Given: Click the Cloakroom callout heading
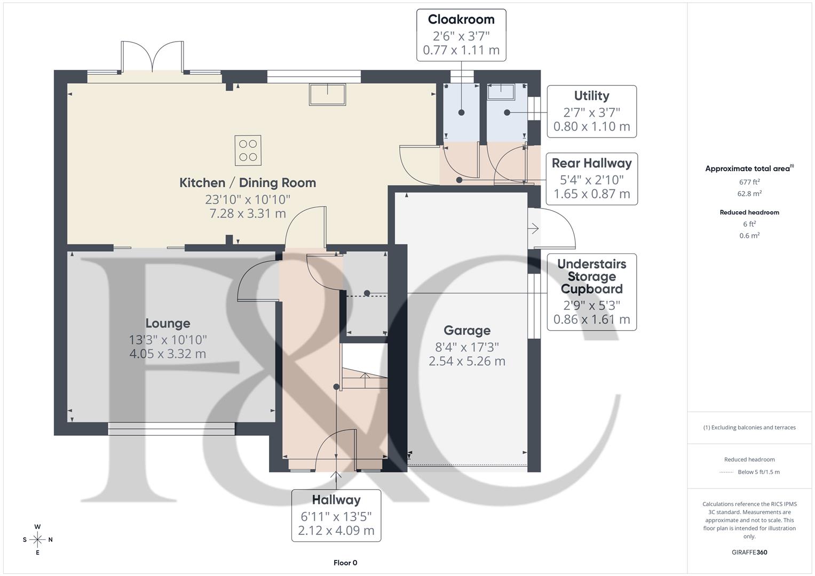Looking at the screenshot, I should pyautogui.click(x=461, y=20).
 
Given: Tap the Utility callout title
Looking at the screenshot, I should pyautogui.click(x=591, y=96).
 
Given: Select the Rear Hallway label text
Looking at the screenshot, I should pyautogui.click(x=591, y=163).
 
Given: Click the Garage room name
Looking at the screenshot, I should pyautogui.click(x=467, y=331).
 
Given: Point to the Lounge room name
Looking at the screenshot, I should pyautogui.click(x=168, y=324).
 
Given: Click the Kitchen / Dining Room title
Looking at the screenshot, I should pyautogui.click(x=248, y=183).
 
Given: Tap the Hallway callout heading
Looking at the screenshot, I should pyautogui.click(x=336, y=500).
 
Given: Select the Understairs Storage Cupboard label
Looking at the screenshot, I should pyautogui.click(x=591, y=276).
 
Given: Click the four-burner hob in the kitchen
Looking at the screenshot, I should pyautogui.click(x=248, y=150).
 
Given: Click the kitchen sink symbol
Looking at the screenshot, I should pyautogui.click(x=327, y=94).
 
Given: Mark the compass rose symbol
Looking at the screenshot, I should pyautogui.click(x=37, y=540).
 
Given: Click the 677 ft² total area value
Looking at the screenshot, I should pyautogui.click(x=749, y=182).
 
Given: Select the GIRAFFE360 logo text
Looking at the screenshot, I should pyautogui.click(x=749, y=553).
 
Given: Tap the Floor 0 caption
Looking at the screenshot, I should pyautogui.click(x=345, y=563).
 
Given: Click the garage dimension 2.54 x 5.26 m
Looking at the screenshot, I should pyautogui.click(x=467, y=361).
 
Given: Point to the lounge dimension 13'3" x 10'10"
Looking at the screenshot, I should pyautogui.click(x=168, y=340).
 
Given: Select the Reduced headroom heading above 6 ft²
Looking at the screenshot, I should pyautogui.click(x=749, y=212).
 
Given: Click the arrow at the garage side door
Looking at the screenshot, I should pyautogui.click(x=534, y=229).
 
